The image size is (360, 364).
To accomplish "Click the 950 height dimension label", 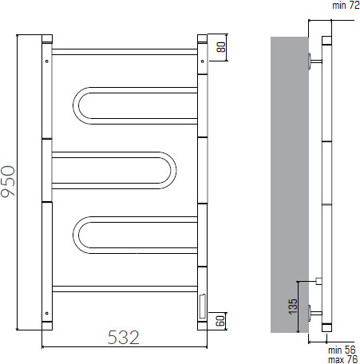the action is click(8, 181).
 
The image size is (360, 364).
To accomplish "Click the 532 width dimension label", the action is click(124, 338).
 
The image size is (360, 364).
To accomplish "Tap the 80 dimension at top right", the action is click(221, 47).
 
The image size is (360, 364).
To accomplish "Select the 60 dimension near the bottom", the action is click(220, 321).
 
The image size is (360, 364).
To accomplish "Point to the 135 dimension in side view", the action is click(293, 307).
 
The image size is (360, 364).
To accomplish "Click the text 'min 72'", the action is click(346, 6).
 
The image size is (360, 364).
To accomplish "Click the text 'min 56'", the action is click(342, 350).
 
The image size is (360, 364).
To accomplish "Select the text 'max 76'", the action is click(342, 359).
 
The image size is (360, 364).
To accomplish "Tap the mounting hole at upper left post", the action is click(47, 61).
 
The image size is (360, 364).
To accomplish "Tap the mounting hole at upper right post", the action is click(203, 61).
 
